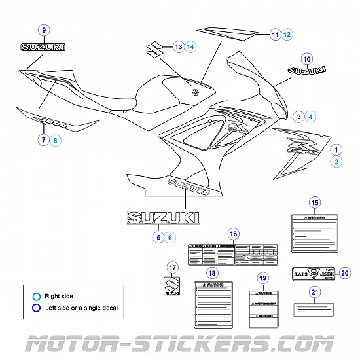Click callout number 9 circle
(44, 30)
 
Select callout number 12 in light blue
(287, 33)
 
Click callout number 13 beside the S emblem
(178, 46)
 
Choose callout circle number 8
(55, 139)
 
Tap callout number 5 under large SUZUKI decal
(158, 238)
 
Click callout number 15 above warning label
(314, 202)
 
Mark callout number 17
(172, 267)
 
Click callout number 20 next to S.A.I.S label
(345, 273)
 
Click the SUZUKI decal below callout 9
(43, 47)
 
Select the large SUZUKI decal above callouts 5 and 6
(164, 217)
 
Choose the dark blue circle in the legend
(37, 307)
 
